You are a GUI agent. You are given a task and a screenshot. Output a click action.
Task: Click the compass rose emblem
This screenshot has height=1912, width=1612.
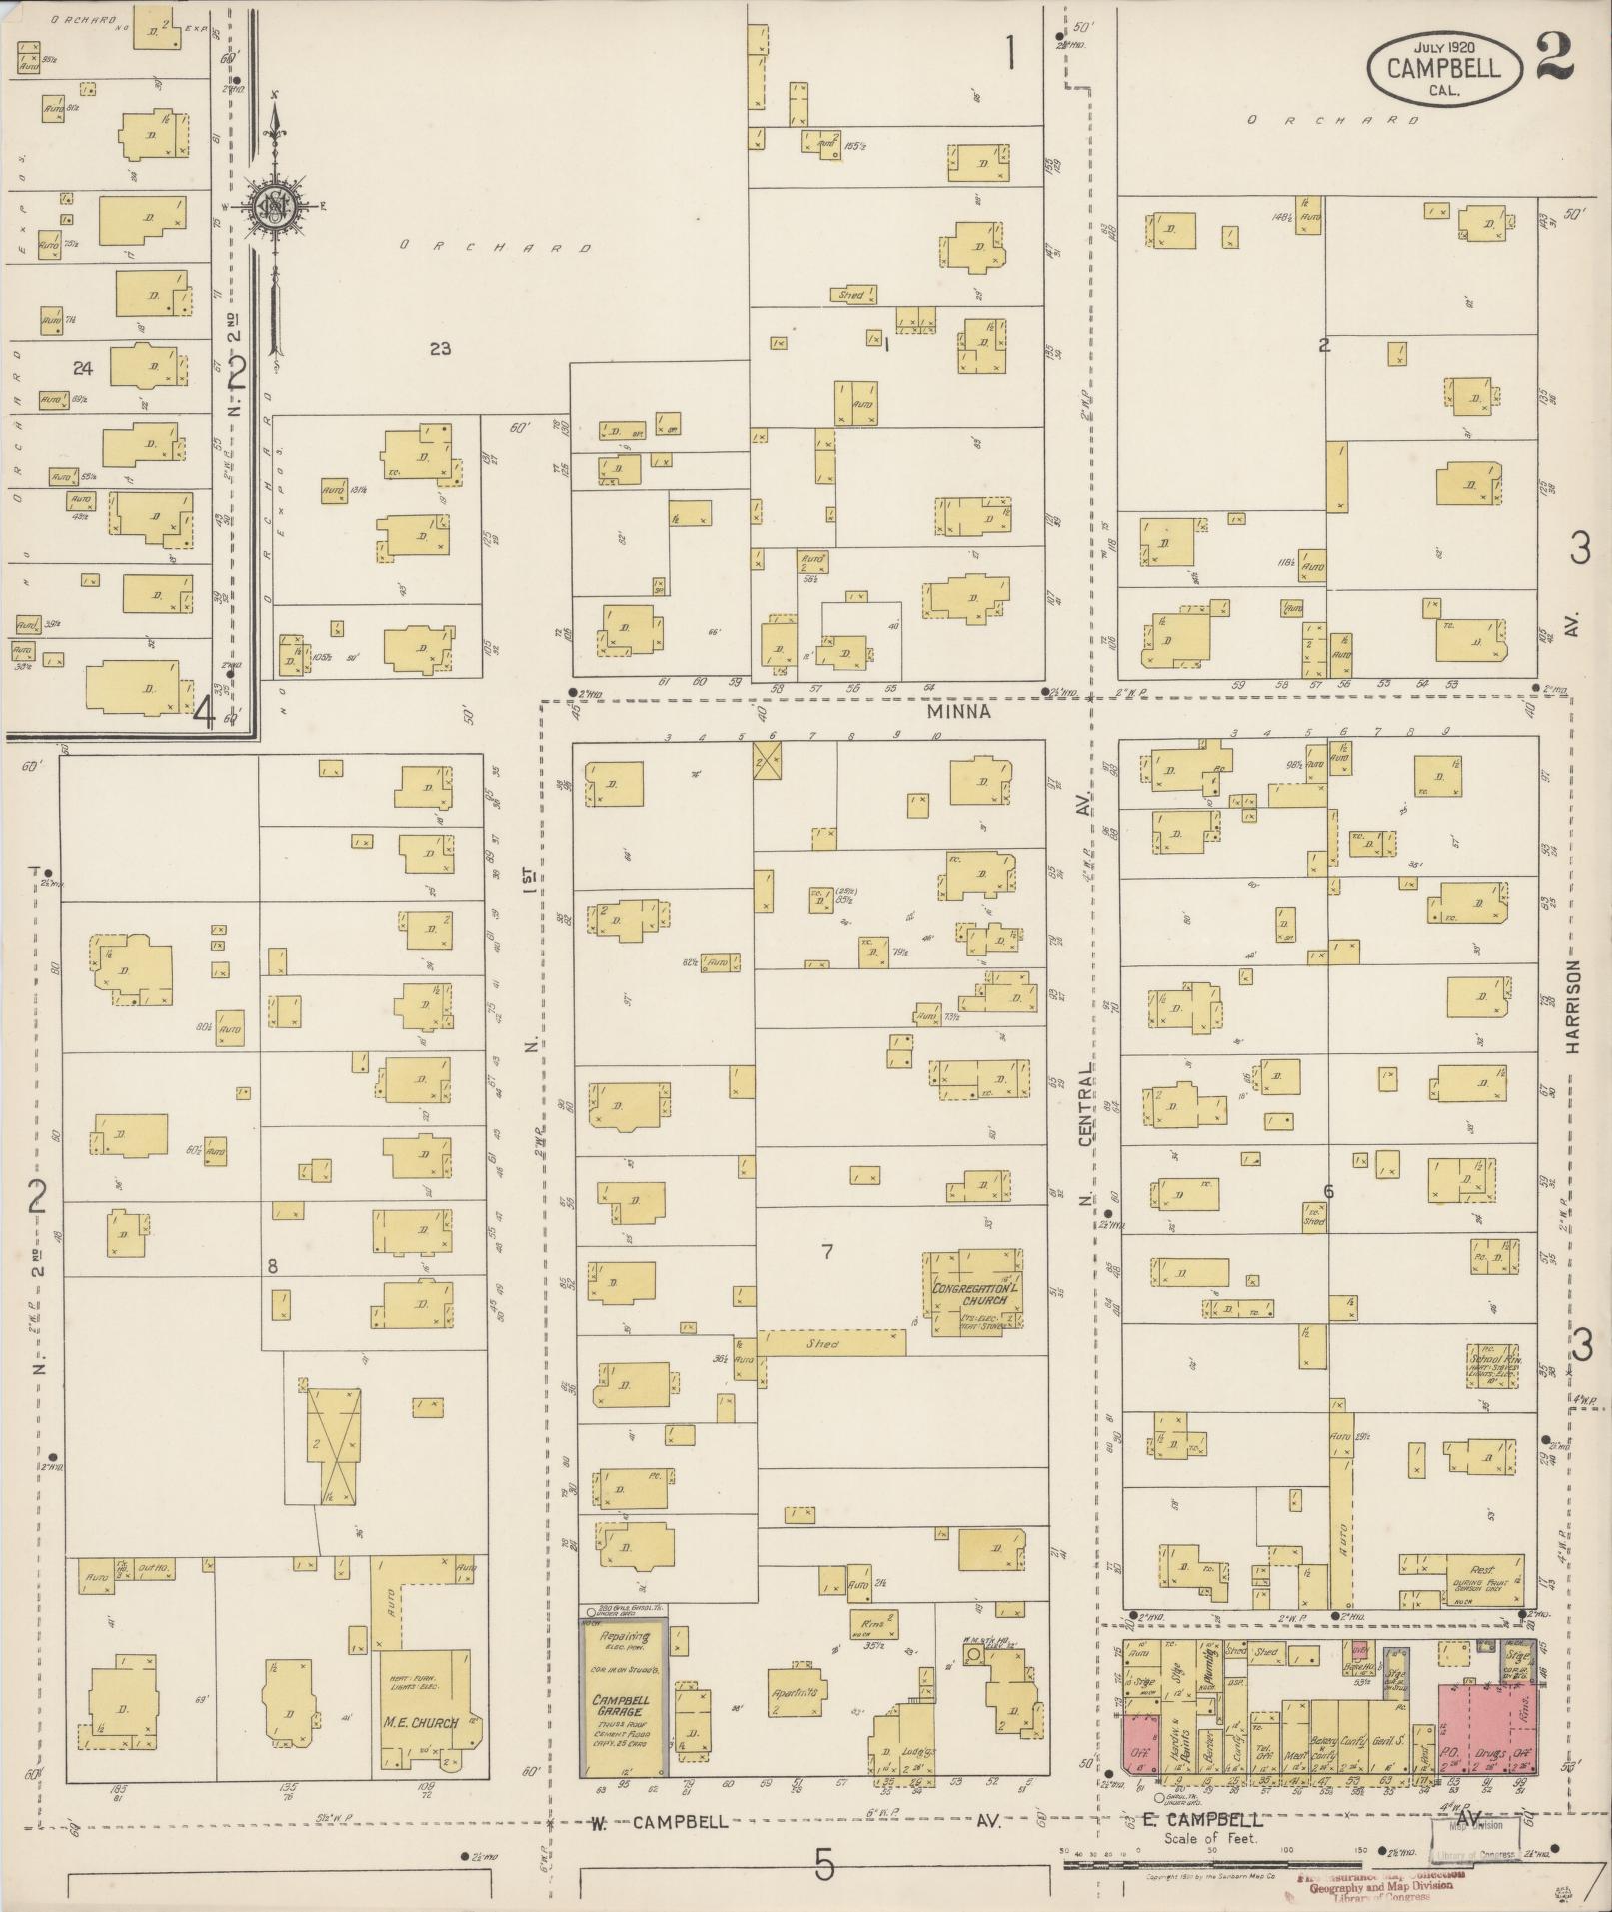point(272,207)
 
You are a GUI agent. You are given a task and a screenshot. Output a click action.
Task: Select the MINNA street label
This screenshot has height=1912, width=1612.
point(957,711)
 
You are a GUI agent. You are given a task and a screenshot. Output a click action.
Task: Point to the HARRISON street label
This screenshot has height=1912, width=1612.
point(1574,1007)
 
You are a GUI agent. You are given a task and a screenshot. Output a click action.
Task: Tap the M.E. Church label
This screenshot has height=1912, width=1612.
point(421,1722)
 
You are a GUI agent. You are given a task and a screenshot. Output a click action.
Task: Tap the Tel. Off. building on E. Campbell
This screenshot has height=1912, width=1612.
point(1264,1750)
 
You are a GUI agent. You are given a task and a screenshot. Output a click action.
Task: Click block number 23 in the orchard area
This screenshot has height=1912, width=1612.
point(440,348)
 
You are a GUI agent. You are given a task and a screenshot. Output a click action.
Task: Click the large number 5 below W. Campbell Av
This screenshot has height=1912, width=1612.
point(824,1865)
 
